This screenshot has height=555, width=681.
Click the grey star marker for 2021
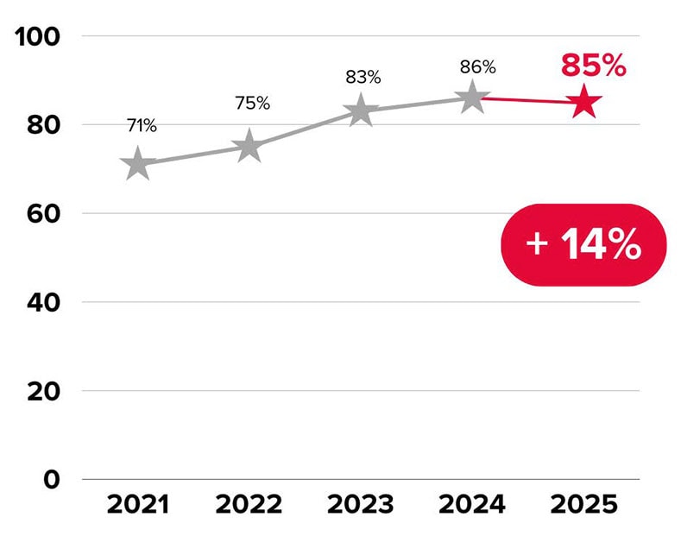137,163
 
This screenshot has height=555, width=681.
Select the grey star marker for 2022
249,146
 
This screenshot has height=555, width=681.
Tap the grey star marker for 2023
361,110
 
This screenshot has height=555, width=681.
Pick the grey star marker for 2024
472,98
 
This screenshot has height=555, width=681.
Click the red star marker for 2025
584,102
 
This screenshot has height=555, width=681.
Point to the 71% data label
141,126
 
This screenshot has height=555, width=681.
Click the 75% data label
253,104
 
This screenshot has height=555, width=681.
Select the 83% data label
363,77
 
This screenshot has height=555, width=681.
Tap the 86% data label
477,66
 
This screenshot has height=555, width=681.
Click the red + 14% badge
584,245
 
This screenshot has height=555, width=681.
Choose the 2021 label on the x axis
138,505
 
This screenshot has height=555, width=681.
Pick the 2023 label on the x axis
361,505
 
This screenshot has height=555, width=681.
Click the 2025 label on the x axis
585,505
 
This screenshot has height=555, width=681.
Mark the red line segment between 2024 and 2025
528,100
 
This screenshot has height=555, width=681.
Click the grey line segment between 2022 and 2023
305,129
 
